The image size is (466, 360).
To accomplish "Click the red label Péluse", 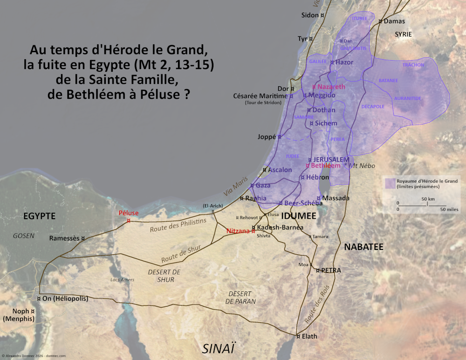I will click(129, 213).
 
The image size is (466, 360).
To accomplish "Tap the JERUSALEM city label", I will click(331, 159).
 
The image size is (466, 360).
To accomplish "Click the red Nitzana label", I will click(238, 230).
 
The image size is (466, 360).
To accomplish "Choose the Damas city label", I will click(394, 21).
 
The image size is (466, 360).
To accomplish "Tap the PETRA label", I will click(331, 270).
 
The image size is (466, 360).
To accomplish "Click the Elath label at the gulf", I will click(309, 336).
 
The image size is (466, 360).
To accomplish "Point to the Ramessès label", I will click(64, 238).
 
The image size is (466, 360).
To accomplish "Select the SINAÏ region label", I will click(219, 347).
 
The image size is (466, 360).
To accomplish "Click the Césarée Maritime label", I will click(260, 96).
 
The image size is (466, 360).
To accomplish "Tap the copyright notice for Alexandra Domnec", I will click(34, 355).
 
